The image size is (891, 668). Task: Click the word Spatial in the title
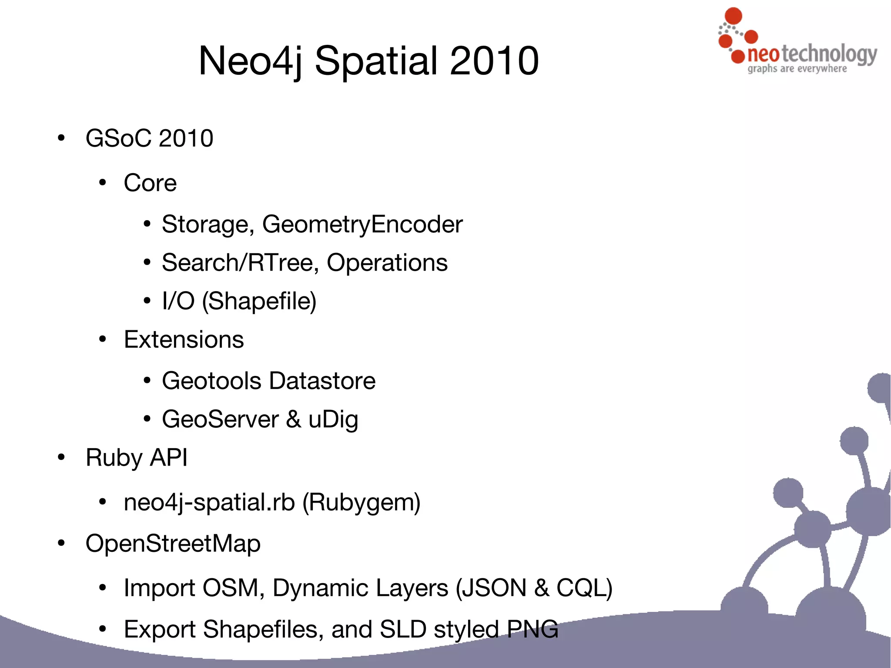[376, 61]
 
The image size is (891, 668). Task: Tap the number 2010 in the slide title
[494, 61]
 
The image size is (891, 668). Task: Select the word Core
[150, 183]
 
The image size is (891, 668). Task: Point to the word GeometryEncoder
[362, 225]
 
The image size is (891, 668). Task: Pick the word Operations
[387, 263]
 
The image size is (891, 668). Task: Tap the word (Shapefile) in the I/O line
[259, 301]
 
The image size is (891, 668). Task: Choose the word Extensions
[184, 339]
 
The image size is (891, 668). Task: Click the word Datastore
[322, 381]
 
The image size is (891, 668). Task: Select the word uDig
[333, 420]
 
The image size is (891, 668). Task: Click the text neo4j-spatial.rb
[209, 502]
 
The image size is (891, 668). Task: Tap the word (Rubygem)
[361, 502]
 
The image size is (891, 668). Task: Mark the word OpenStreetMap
[173, 544]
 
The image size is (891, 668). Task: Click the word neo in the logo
[764, 54]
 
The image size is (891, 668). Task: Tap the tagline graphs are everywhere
[797, 69]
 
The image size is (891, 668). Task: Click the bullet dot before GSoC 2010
[61, 138]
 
